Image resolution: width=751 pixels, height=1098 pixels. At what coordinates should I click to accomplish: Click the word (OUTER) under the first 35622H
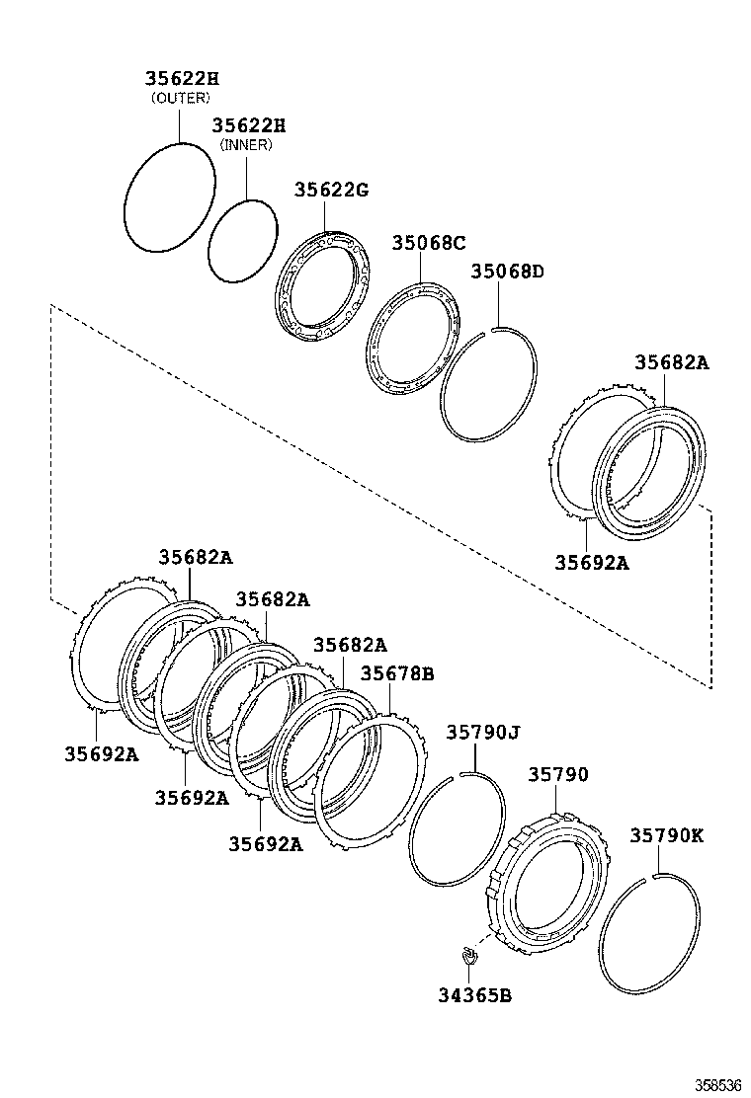[180, 98]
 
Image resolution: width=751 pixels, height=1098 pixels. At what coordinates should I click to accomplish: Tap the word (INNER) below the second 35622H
[245, 145]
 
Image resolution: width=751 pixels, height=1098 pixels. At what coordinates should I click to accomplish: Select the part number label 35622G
[330, 191]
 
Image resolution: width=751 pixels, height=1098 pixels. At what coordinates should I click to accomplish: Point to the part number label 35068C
[428, 242]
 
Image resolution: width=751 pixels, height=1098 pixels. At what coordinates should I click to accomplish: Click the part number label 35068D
[506, 271]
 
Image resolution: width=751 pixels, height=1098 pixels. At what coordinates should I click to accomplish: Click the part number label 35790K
[666, 834]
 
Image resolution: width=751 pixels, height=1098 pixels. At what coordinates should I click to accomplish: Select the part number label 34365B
[473, 994]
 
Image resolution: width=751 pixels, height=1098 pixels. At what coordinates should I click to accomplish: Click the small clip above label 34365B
[467, 954]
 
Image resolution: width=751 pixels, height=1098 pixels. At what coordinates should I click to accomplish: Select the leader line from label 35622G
[325, 216]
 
